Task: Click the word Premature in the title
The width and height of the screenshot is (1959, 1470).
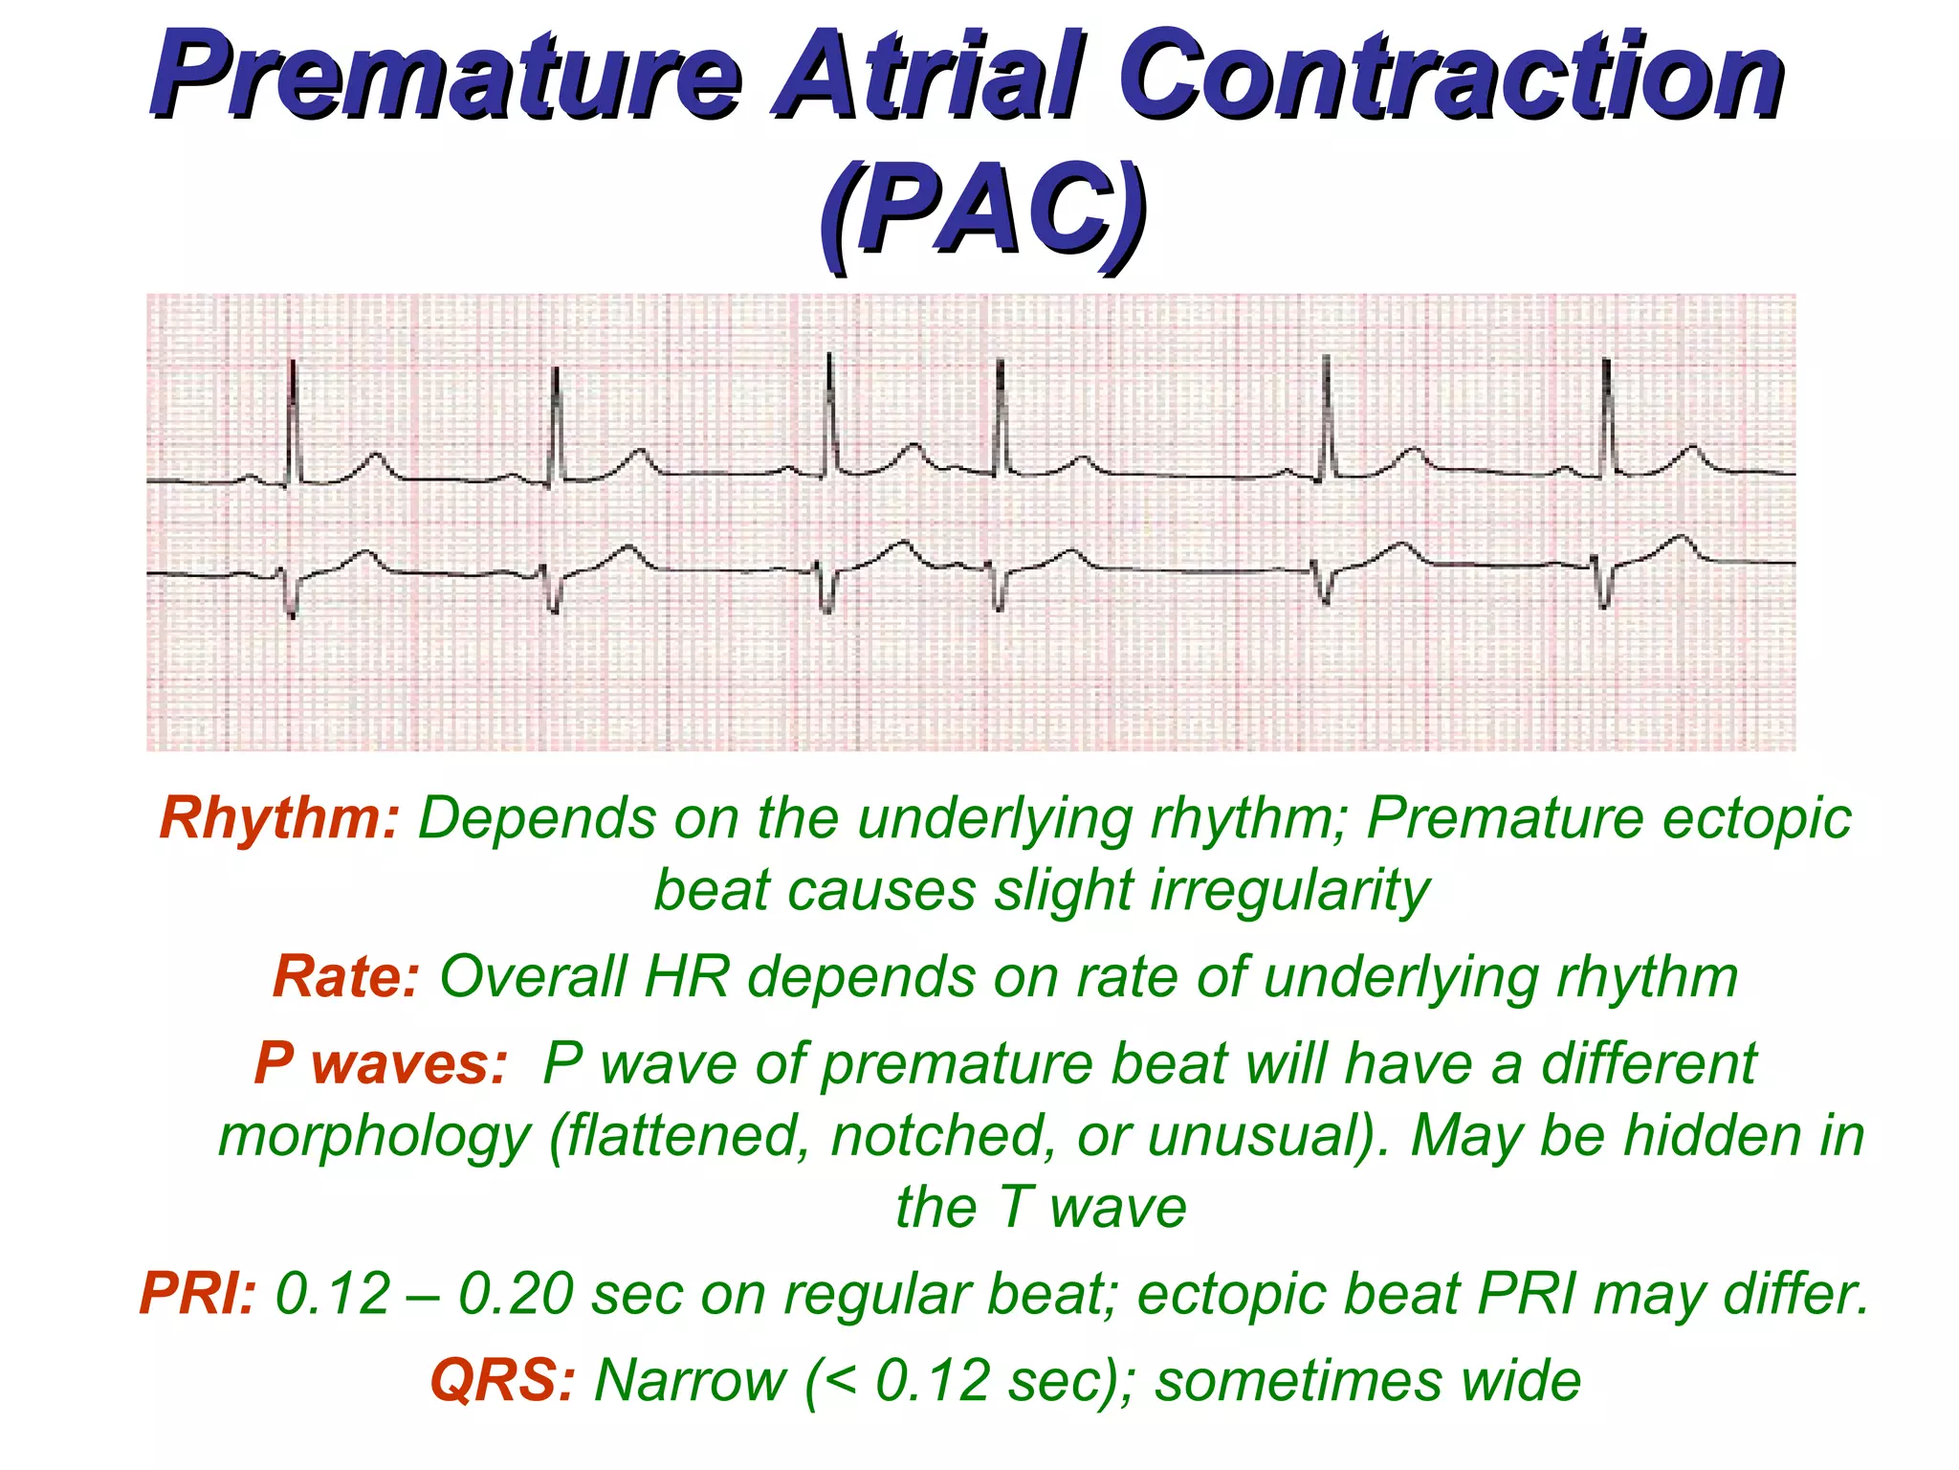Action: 445,75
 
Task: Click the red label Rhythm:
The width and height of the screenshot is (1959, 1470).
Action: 278,819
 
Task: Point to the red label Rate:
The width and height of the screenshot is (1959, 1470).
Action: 345,977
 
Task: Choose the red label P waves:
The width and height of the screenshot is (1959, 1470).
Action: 380,1063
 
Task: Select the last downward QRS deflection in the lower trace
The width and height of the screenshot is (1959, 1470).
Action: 1604,589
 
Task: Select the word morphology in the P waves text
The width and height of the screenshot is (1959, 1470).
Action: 374,1136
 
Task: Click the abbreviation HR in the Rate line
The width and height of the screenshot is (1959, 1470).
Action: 686,977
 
